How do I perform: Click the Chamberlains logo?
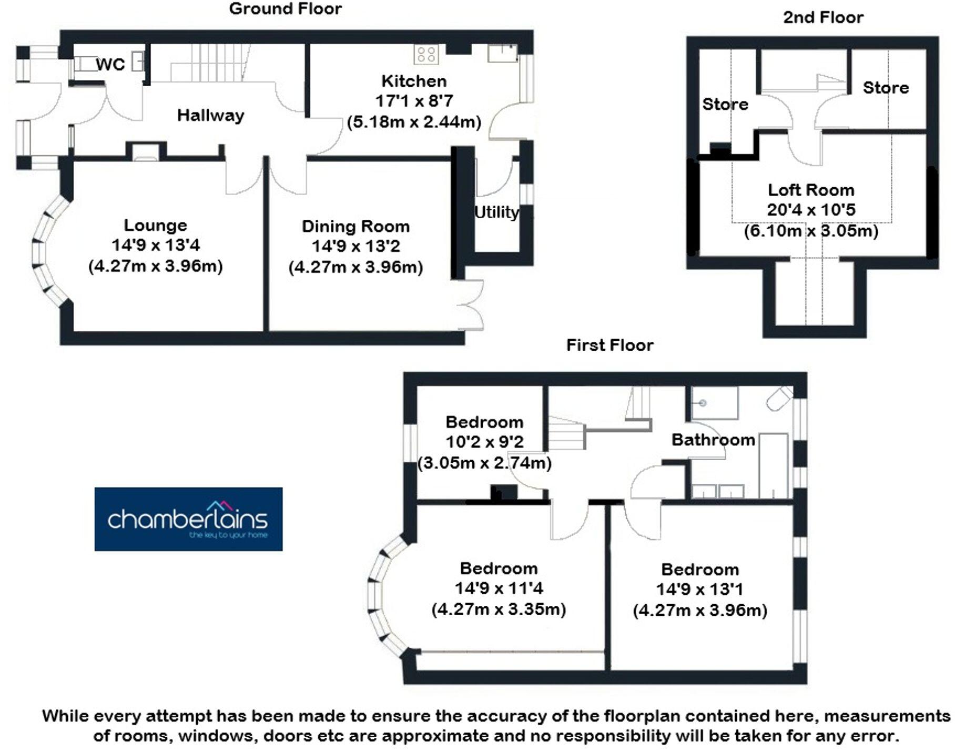pyautogui.click(x=188, y=519)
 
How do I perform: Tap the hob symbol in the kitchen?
pyautogui.click(x=426, y=54)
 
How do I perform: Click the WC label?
pyautogui.click(x=110, y=65)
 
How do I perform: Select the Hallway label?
pyautogui.click(x=210, y=115)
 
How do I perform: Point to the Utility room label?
pyautogui.click(x=496, y=212)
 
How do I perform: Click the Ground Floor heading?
pyautogui.click(x=285, y=8)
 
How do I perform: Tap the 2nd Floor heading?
pyautogui.click(x=823, y=17)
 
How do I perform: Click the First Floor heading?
pyautogui.click(x=609, y=345)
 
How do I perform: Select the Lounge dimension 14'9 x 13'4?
pyautogui.click(x=156, y=245)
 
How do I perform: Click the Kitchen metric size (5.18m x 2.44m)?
pyautogui.click(x=414, y=122)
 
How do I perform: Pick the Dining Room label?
pyautogui.click(x=355, y=226)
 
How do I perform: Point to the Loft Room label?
pyautogui.click(x=811, y=190)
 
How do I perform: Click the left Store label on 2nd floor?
pyautogui.click(x=725, y=104)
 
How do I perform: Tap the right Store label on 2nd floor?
pyautogui.click(x=886, y=87)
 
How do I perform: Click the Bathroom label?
pyautogui.click(x=713, y=440)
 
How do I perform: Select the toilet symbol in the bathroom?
pyautogui.click(x=779, y=398)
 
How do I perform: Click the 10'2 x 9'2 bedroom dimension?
pyautogui.click(x=484, y=442)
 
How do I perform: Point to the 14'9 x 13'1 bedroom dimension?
pyautogui.click(x=699, y=589)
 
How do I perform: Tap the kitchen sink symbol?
pyautogui.click(x=502, y=54)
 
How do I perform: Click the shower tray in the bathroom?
pyautogui.click(x=714, y=403)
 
